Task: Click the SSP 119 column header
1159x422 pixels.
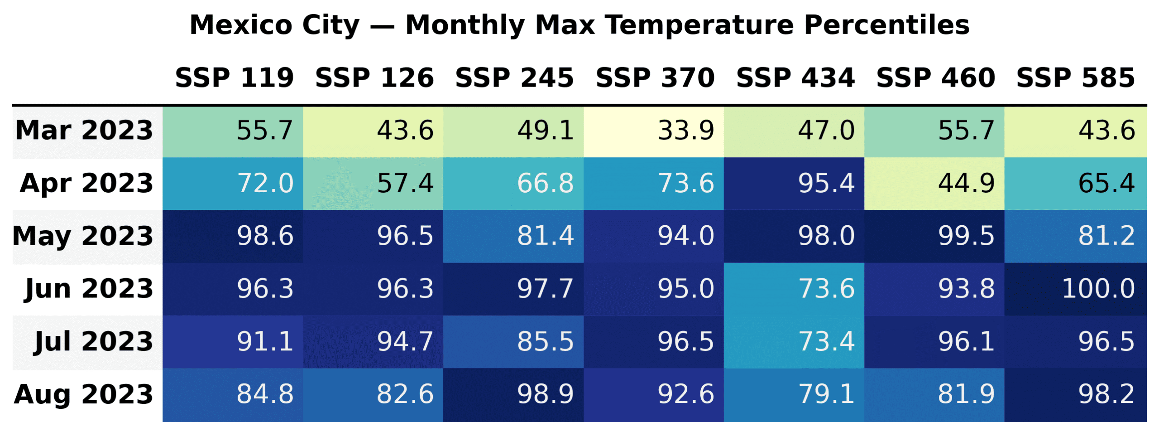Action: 235,78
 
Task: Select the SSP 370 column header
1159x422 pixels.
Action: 655,78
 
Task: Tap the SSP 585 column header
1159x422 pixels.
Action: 1075,78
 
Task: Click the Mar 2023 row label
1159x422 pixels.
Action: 85,131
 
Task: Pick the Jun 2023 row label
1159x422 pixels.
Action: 89,289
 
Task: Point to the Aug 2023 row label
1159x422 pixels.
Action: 84,394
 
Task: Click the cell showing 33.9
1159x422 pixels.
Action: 653,131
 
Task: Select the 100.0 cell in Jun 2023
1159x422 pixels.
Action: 1075,289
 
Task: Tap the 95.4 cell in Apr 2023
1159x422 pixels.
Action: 794,184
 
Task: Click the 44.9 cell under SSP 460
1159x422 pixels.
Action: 934,184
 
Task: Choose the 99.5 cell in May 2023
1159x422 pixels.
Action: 934,236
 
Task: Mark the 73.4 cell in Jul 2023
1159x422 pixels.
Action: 794,341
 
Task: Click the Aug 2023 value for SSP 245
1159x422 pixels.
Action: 513,394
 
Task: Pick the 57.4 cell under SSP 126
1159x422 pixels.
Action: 373,184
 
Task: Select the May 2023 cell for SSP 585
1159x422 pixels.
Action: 1075,236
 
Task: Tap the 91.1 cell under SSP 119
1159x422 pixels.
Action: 233,341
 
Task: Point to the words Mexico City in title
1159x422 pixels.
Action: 274,25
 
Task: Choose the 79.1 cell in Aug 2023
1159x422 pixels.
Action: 794,394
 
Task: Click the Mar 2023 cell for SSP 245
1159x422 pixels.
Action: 513,131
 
